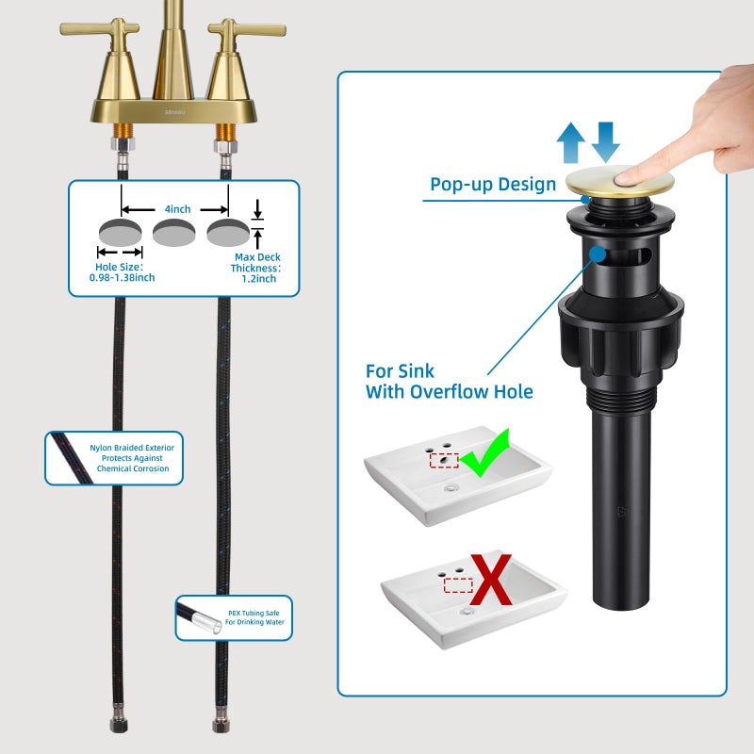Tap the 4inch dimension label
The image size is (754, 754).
tap(177, 209)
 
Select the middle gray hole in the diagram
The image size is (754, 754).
tap(174, 232)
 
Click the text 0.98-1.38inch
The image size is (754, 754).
tap(123, 277)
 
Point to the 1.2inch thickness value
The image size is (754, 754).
tap(258, 279)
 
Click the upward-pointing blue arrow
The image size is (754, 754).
tap(570, 142)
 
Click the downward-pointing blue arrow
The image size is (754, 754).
tap(605, 142)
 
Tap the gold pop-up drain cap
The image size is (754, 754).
tap(619, 182)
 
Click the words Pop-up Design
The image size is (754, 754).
tap(493, 184)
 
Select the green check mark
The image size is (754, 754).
tap(485, 453)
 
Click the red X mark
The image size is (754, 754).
tap(490, 580)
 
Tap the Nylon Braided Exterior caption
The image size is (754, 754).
tap(132, 458)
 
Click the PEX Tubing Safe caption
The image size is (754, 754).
tap(254, 617)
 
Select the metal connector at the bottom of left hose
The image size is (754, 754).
tap(119, 718)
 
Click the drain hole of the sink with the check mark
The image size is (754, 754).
tap(451, 488)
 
